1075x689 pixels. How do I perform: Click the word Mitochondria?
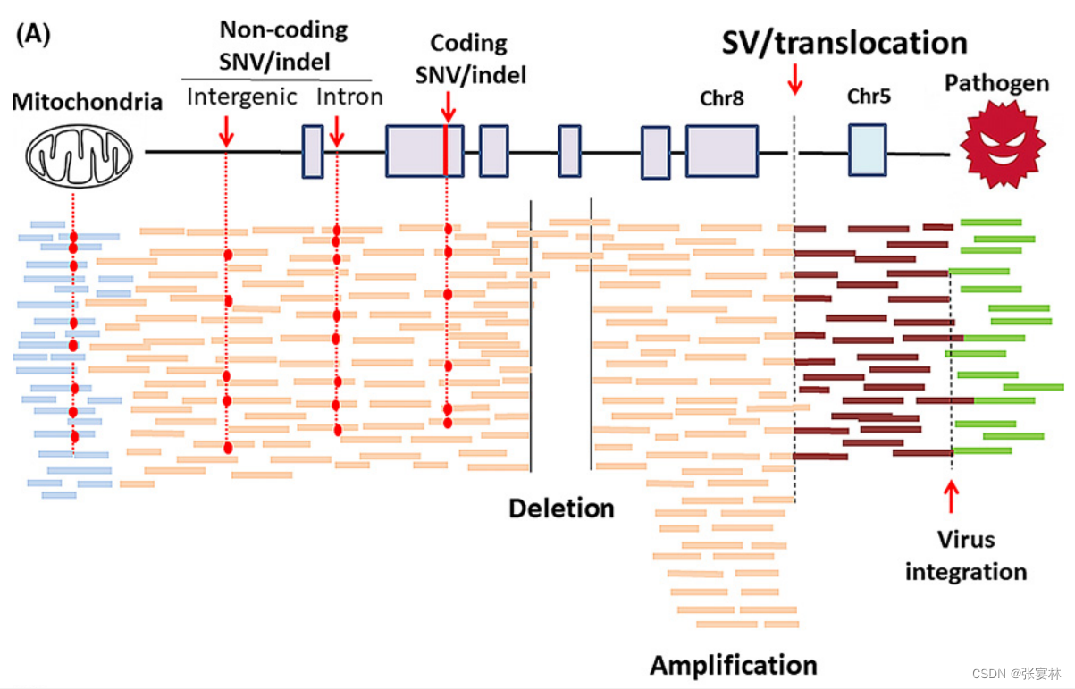coord(87,102)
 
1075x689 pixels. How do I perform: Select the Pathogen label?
coord(997,84)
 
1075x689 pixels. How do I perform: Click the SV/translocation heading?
coord(844,43)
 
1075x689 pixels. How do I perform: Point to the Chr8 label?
coord(722,97)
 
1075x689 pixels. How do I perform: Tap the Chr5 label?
coord(868,97)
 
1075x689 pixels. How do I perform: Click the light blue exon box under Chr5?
coord(867,149)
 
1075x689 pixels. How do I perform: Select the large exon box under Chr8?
coord(721,151)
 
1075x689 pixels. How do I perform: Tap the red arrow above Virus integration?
coord(952,496)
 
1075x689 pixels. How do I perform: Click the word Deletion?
coord(561,508)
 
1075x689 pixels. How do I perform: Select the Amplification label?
coord(733,665)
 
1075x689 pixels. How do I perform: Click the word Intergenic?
coord(241,97)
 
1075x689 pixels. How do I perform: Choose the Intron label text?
coord(349,97)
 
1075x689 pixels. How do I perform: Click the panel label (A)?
coord(33,35)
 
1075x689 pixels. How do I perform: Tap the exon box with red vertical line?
coord(424,151)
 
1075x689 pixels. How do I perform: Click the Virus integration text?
coord(965,555)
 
